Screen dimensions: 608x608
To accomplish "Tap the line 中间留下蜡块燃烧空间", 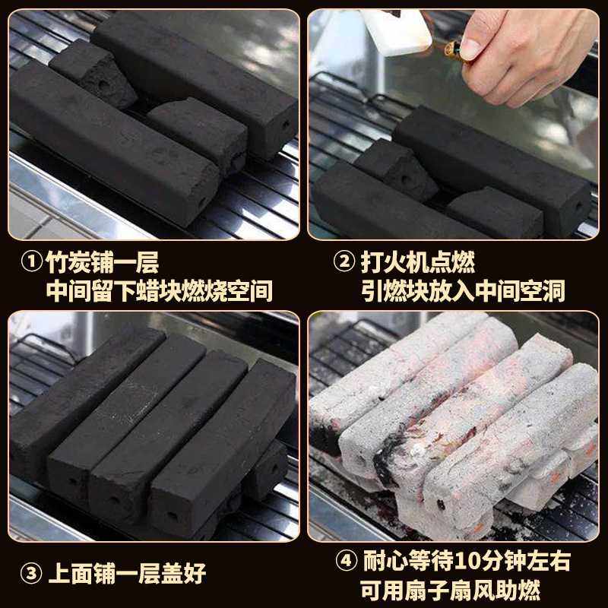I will pos(160,291).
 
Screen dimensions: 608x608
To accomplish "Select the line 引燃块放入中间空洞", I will pos(464,291).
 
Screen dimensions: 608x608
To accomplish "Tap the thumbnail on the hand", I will pos(470,49).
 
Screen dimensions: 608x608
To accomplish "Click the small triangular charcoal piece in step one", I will pos(91,72).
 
